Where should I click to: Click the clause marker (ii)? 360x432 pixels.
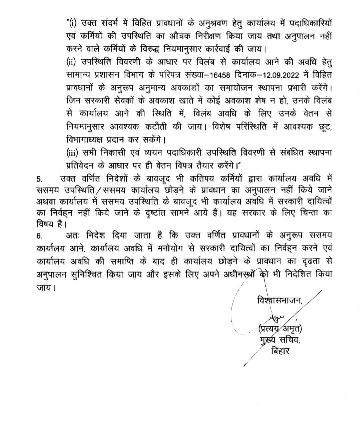click(x=71, y=61)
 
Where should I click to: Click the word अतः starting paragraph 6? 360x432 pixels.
click(x=72, y=236)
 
